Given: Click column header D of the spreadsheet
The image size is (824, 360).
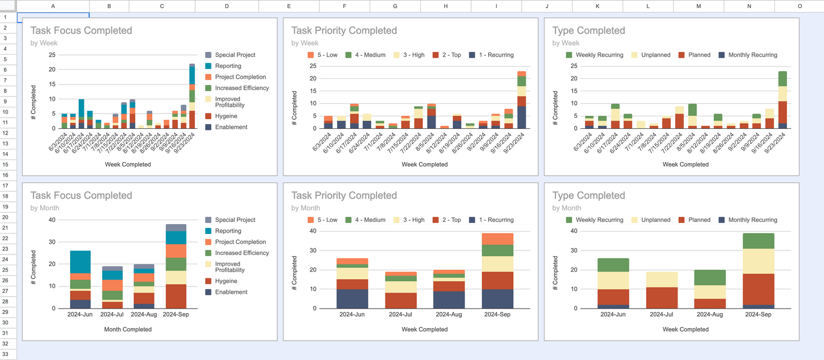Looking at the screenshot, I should coord(226,6).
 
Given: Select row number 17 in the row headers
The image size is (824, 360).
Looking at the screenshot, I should coord(5,186).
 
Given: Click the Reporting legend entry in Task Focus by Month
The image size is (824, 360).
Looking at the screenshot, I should coord(228,231).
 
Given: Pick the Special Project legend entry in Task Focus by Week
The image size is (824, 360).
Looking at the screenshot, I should coord(235,55).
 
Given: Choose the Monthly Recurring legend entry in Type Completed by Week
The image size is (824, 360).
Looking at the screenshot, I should coord(752,55).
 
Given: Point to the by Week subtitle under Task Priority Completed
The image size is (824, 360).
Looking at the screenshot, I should coord(305,43).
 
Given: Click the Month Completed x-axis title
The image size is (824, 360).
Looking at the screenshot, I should coord(128,329).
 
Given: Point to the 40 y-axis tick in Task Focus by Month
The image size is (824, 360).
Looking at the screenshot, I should coord(52,220).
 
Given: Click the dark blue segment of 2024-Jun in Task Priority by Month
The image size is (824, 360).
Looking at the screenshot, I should coord(352,298).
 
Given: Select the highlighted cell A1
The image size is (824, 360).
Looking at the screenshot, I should coord(53,17).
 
